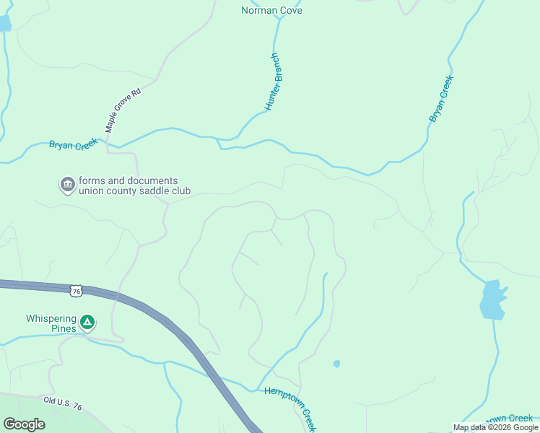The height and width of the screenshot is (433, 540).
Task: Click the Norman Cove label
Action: [x=271, y=11]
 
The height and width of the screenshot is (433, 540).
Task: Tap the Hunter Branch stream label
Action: [x=272, y=82]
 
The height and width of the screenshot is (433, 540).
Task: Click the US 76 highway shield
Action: [x=77, y=291]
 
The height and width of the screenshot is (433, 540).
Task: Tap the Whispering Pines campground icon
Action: [x=87, y=322]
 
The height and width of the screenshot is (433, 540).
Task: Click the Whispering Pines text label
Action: [x=51, y=323]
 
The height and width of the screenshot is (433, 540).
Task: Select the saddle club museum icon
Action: [x=67, y=185]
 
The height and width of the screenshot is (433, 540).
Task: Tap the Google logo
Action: [x=24, y=424]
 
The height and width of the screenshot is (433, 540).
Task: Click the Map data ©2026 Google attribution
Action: [x=495, y=427]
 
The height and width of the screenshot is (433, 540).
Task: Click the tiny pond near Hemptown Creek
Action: [x=336, y=364]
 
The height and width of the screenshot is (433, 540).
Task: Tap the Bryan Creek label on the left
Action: [x=73, y=144]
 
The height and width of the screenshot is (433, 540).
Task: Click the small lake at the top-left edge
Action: [x=4, y=22]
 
